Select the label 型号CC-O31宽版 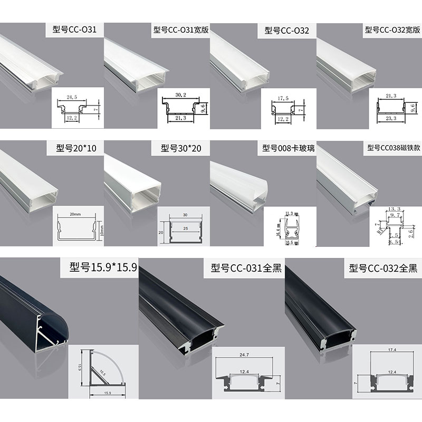click(180, 30)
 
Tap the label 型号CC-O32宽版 click(392, 30)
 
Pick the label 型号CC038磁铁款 click(394, 148)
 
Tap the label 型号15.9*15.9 click(100, 267)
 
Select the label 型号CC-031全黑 click(243, 268)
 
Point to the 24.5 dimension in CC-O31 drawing click(73, 97)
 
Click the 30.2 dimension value click(180, 95)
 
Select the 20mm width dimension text click(74, 215)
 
